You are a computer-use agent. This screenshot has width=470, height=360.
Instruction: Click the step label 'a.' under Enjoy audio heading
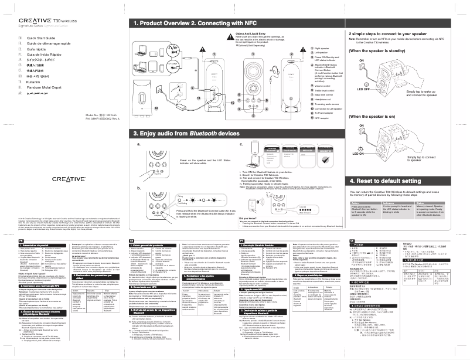(138, 143)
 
